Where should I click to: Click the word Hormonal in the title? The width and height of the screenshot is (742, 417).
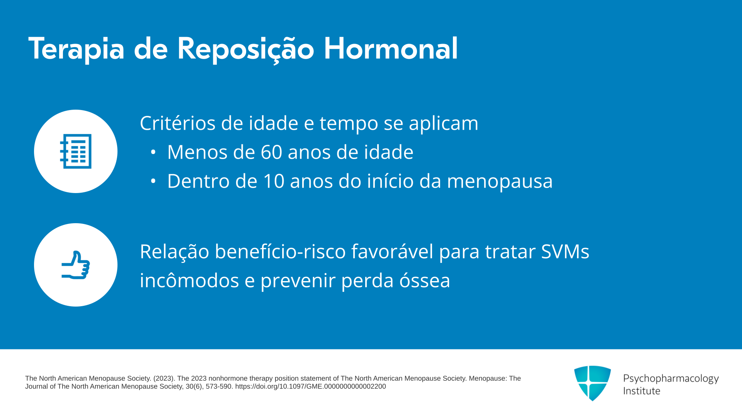391,49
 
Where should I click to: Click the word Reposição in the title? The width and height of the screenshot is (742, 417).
246,50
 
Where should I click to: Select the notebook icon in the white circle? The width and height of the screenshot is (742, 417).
76,151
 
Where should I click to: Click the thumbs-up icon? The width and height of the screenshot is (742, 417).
76,265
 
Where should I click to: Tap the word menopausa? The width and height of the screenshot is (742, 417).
500,182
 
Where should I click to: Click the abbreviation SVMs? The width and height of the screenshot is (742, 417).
565,252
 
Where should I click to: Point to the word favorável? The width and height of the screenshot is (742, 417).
392,251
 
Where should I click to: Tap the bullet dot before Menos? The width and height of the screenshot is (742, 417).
153,152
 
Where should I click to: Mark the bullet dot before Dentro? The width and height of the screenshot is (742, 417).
153,181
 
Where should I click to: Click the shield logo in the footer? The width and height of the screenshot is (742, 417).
592,383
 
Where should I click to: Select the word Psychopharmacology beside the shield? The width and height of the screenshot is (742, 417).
671,379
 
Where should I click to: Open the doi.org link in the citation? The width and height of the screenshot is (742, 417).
310,386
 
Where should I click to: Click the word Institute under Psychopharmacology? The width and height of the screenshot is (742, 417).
642,391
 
